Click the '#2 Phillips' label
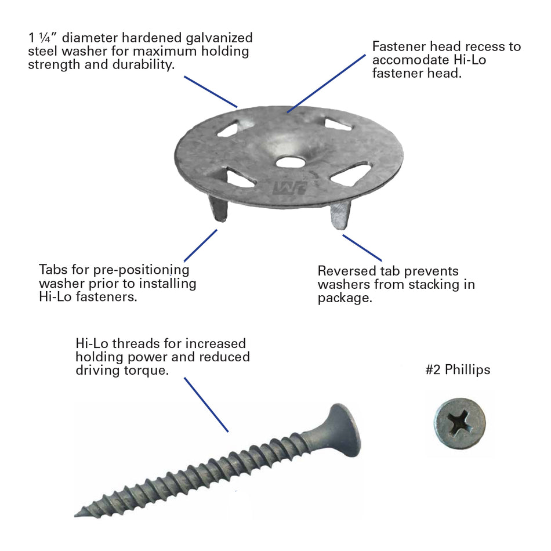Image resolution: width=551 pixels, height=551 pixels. [457, 370]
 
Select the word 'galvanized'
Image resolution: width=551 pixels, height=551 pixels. [219, 38]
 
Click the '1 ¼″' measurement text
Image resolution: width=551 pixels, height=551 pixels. [42, 38]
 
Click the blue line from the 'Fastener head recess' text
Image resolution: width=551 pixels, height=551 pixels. [327, 83]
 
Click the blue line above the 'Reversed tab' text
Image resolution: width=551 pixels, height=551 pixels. [362, 248]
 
